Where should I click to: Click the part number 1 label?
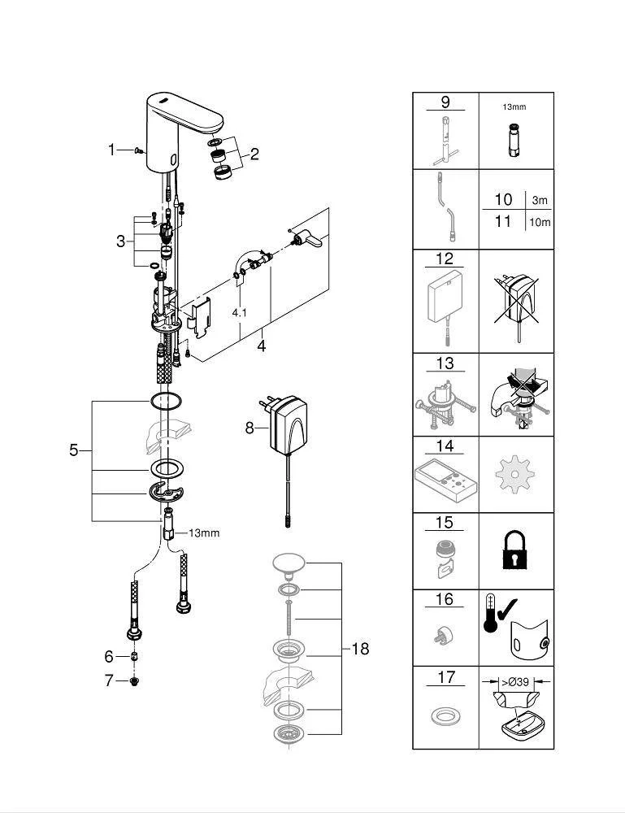pos(112,149)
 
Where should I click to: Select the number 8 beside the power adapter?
pos(250,427)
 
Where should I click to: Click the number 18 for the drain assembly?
pos(360,648)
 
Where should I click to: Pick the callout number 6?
pos(109,656)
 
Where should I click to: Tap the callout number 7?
pos(109,680)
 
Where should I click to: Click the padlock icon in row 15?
pos(516,550)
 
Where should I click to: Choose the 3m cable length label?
pos(540,200)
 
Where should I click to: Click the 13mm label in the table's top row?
pos(514,107)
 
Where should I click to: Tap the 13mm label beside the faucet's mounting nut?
pos(205,533)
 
